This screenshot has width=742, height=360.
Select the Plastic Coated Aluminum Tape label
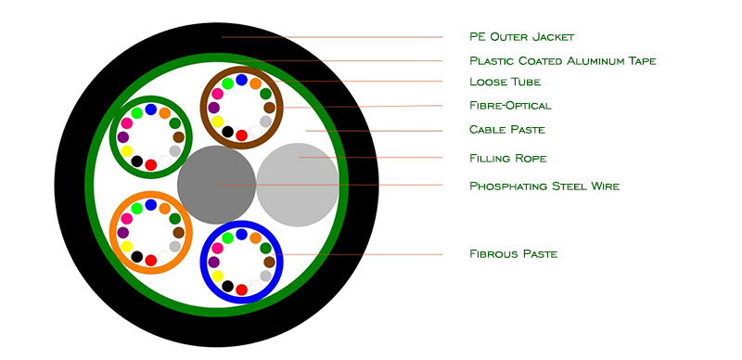[x=563, y=61]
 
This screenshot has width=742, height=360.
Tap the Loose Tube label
[x=505, y=82]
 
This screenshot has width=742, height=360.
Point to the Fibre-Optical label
[x=511, y=105]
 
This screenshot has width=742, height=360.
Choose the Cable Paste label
[x=507, y=130]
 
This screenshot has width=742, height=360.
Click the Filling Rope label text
[x=507, y=159]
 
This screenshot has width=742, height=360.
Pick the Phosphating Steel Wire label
[x=544, y=186]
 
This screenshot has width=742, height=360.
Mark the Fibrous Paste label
[x=514, y=254]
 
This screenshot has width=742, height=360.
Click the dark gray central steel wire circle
[x=217, y=185]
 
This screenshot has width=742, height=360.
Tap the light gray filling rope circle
[x=298, y=185]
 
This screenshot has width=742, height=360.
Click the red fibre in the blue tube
[x=241, y=289]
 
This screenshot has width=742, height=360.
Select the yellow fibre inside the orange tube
[x=126, y=246]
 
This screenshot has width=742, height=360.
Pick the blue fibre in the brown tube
[x=241, y=80]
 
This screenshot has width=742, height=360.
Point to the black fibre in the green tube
[x=136, y=161]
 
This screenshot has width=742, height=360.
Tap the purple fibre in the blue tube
[x=213, y=262]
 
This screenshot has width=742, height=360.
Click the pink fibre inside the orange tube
[x=126, y=218]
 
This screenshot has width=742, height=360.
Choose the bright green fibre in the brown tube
[x=227, y=84]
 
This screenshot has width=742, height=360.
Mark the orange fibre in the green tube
[x=165, y=113]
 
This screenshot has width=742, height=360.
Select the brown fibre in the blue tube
[x=269, y=262]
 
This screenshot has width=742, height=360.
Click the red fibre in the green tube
[x=150, y=165]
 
